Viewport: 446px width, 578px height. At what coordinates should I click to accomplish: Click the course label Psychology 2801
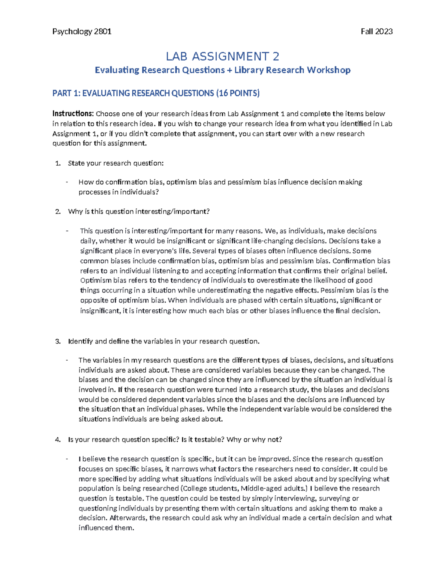pos(82,32)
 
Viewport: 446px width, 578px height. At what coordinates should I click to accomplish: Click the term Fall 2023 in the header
pos(376,32)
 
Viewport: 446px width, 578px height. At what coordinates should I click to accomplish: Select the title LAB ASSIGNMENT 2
pos(222,57)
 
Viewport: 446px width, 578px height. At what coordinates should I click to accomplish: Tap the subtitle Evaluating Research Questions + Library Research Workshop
pos(222,70)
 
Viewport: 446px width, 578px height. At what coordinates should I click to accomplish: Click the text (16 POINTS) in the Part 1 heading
pos(237,93)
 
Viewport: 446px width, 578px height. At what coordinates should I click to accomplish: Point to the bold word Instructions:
pos(73,114)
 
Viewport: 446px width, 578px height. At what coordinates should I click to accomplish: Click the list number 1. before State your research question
pos(58,163)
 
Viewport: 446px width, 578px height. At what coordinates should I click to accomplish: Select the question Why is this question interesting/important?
pos(139,212)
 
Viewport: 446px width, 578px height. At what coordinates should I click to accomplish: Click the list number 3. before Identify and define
pos(58,341)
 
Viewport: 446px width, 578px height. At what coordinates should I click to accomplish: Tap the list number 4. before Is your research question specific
pos(58,440)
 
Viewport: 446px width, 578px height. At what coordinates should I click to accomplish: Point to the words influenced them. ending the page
pos(106,528)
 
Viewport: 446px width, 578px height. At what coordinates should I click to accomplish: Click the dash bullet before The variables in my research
pos(67,360)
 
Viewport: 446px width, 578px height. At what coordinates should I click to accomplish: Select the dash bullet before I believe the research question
pos(67,459)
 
